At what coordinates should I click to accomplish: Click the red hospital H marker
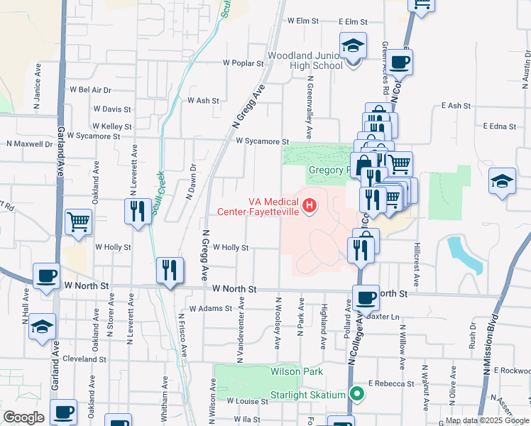(310, 206)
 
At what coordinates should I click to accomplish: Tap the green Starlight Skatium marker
(358, 394)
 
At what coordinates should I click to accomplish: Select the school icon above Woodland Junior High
(353, 46)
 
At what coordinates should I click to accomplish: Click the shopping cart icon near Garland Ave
(78, 221)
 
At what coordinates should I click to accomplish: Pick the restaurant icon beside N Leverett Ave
(138, 211)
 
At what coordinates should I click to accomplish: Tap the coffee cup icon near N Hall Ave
(47, 275)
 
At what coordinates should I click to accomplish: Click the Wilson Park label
(296, 371)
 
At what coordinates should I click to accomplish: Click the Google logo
(23, 417)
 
